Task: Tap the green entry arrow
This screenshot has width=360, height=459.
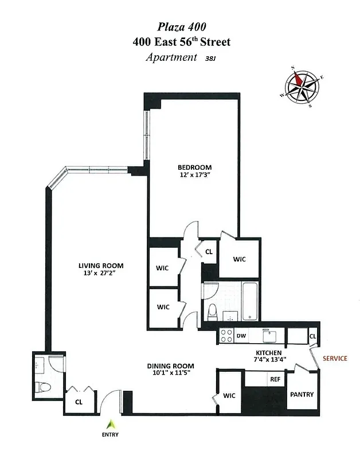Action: click(x=114, y=424)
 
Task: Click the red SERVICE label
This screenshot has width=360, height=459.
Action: click(x=334, y=358)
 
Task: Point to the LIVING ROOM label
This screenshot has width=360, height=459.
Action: click(x=101, y=266)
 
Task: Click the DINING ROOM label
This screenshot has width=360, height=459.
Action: click(x=170, y=366)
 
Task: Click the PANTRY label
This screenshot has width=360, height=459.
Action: click(x=302, y=395)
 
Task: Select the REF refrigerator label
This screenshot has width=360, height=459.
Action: click(x=275, y=379)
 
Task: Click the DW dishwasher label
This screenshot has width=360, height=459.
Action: click(x=241, y=336)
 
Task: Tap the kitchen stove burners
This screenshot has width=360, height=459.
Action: click(x=225, y=335)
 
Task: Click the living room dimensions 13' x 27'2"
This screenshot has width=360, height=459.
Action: click(x=101, y=274)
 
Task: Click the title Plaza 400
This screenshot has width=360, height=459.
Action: click(x=180, y=26)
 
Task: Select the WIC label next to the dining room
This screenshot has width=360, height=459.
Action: click(x=229, y=395)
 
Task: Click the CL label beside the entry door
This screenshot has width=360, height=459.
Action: click(x=79, y=402)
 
